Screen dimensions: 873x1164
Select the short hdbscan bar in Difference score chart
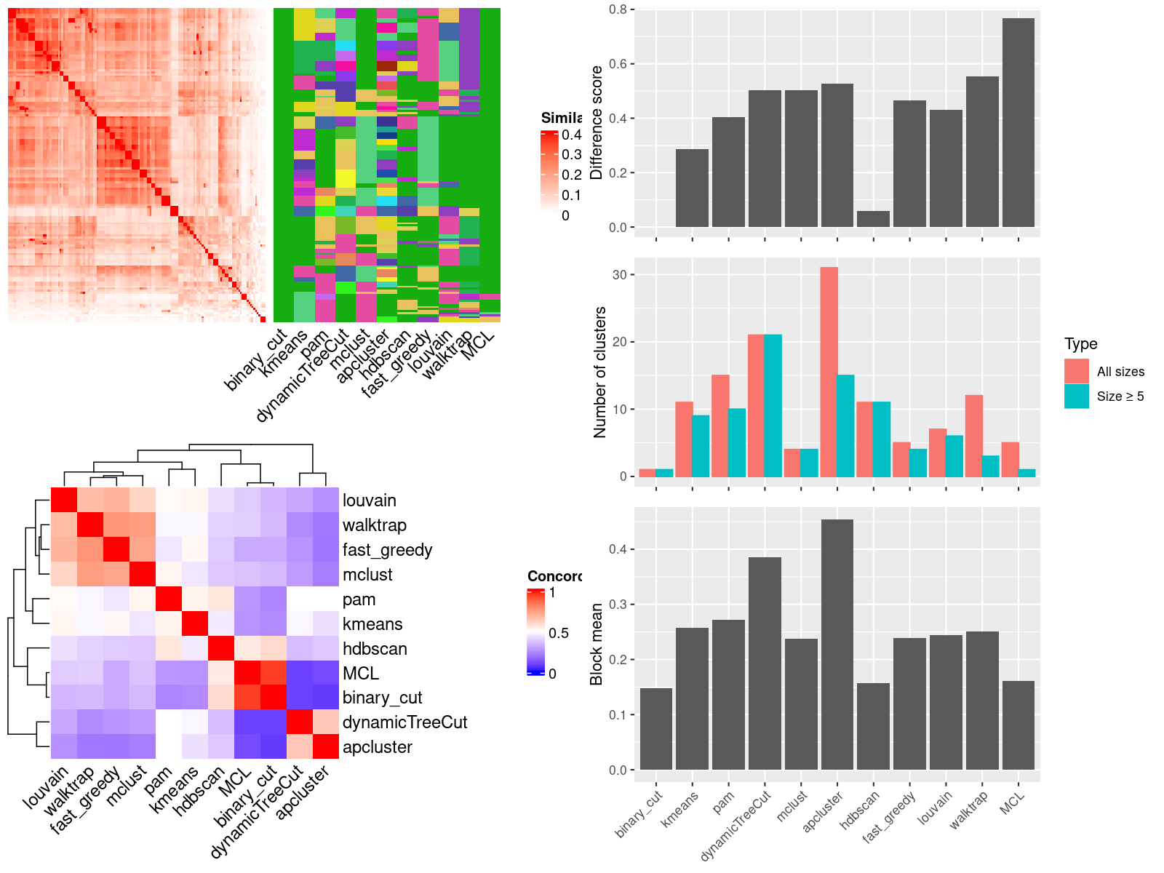click(873, 219)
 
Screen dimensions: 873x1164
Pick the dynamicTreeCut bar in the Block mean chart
click(765, 663)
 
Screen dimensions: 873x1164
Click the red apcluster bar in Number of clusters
click(829, 372)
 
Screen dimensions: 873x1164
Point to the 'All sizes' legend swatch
click(1076, 371)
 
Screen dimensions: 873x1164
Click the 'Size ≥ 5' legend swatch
click(1076, 396)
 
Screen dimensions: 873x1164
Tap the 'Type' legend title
click(1080, 344)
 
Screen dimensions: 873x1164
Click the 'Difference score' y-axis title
click(597, 122)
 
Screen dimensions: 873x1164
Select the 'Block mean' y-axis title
click(597, 644)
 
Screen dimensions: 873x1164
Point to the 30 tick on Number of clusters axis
click(619, 275)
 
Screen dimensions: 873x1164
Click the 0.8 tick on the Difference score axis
click(618, 9)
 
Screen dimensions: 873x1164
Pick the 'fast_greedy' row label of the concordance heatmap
click(387, 550)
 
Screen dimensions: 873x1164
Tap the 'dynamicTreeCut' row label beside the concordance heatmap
click(404, 722)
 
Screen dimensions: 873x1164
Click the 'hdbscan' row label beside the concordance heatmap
click(375, 649)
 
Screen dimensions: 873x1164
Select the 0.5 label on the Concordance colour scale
click(559, 633)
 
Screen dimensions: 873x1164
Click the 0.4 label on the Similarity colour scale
click(571, 135)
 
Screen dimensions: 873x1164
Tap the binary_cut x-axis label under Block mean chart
click(639, 813)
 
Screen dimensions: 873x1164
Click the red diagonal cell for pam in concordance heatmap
click(168, 599)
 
